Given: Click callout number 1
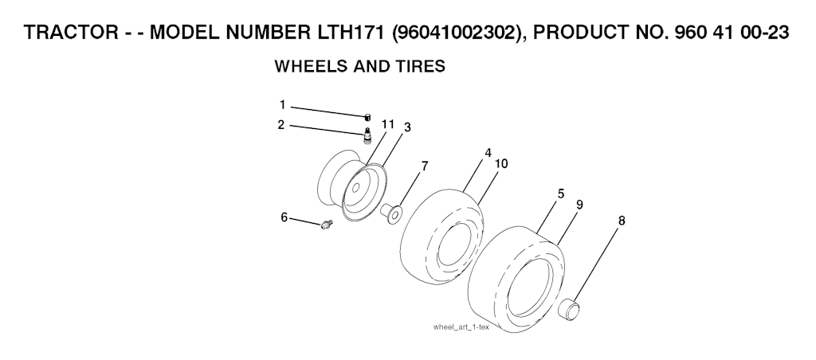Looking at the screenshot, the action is pyautogui.click(x=283, y=105).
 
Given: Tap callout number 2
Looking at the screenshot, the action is pyautogui.click(x=281, y=125).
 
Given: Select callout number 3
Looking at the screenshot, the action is pyautogui.click(x=407, y=127).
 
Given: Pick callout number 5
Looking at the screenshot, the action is pyautogui.click(x=560, y=194).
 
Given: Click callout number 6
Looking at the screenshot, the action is pyautogui.click(x=284, y=217).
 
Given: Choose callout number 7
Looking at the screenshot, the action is pyautogui.click(x=425, y=166).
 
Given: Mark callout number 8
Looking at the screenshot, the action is pyautogui.click(x=622, y=221).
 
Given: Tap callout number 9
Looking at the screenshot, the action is pyautogui.click(x=579, y=205).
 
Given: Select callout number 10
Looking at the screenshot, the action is pyautogui.click(x=501, y=164).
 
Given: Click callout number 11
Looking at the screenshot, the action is pyautogui.click(x=388, y=124).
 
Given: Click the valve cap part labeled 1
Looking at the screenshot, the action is pyautogui.click(x=367, y=116).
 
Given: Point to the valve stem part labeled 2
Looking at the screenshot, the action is pyautogui.click(x=367, y=135).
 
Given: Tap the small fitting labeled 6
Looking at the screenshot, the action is pyautogui.click(x=327, y=225).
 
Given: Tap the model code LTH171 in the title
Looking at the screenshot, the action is pyautogui.click(x=349, y=32).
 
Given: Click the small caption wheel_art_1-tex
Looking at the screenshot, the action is pyautogui.click(x=461, y=327).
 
